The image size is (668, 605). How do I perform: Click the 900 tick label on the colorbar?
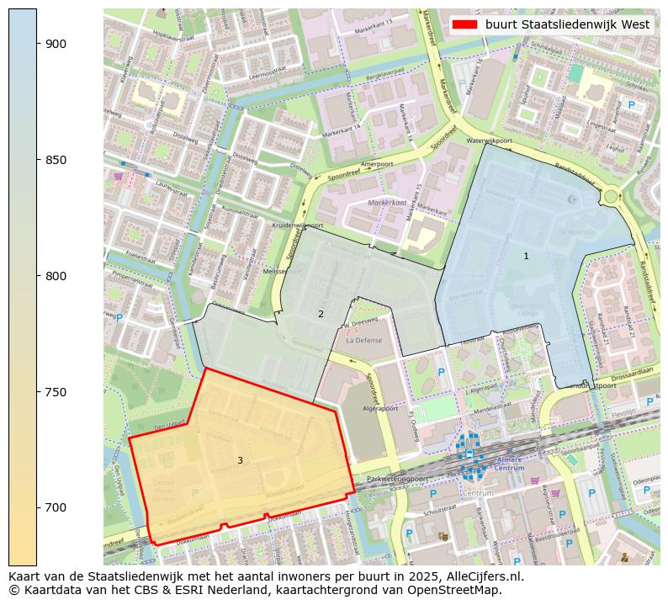click(x=57, y=44)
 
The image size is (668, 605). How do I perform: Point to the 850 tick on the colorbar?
click(x=57, y=160)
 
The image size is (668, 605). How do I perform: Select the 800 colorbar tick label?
click(x=57, y=276)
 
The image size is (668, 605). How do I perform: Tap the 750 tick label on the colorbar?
click(x=57, y=392)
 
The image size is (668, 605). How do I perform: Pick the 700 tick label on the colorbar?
click(x=57, y=507)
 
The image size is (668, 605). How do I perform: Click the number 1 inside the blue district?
click(x=527, y=256)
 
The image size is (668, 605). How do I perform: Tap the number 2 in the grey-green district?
click(x=321, y=314)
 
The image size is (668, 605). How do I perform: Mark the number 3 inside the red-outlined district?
click(x=240, y=460)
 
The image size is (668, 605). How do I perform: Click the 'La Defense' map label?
click(x=363, y=342)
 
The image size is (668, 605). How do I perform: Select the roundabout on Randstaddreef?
click(x=611, y=196)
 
